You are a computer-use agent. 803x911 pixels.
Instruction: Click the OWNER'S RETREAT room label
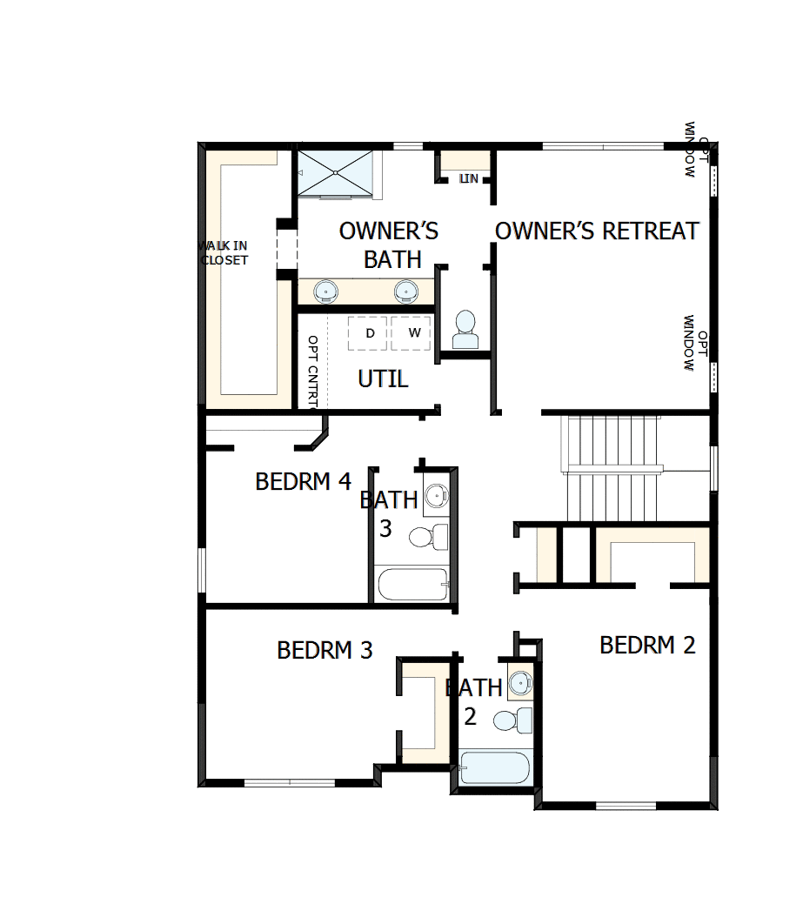click(x=597, y=231)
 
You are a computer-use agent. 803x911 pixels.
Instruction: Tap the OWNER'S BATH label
click(x=389, y=244)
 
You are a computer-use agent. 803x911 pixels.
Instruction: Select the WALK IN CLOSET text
click(x=224, y=253)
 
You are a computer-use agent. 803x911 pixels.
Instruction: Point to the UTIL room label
click(x=383, y=379)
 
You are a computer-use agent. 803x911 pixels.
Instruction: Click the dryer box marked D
click(x=369, y=333)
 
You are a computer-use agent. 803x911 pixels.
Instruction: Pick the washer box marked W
click(x=412, y=333)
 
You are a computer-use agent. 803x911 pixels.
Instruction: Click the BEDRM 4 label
click(x=303, y=481)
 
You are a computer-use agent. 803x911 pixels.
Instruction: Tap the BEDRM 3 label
click(x=325, y=650)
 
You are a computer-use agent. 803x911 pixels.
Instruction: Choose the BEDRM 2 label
click(x=647, y=645)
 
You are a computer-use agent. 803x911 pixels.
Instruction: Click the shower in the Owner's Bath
click(x=338, y=173)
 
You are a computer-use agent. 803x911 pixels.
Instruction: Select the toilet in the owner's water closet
click(x=465, y=330)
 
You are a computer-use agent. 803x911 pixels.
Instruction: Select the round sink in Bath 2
click(x=520, y=682)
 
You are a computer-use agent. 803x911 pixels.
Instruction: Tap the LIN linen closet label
click(x=469, y=178)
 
